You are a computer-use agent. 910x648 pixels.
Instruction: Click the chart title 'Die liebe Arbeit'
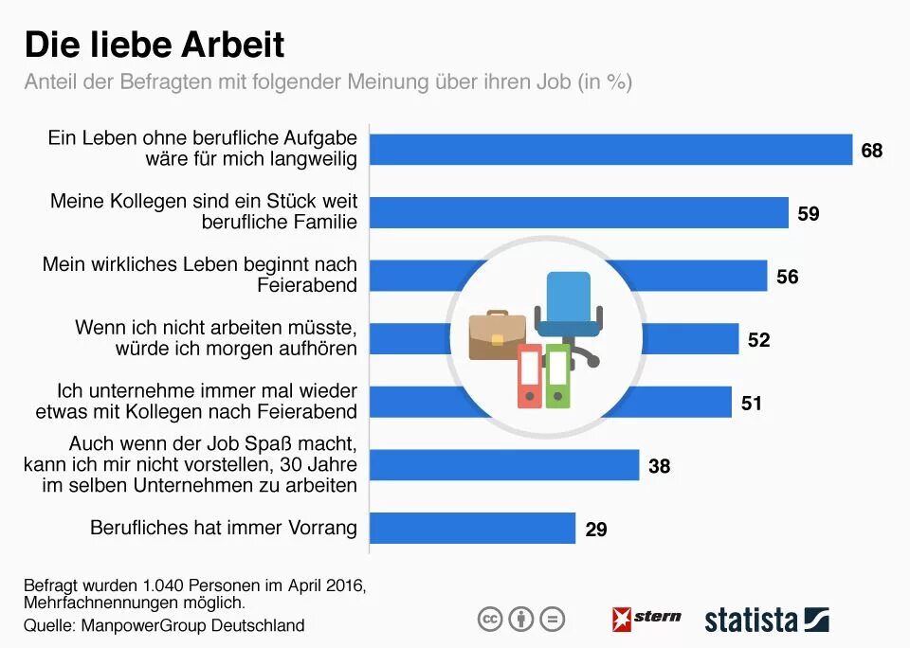[154, 45]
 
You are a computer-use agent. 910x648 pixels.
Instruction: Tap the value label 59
[809, 213]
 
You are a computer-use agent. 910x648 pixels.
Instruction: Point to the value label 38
[660, 466]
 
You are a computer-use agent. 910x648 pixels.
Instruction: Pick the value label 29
[596, 529]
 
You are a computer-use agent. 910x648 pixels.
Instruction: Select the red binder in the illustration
[529, 376]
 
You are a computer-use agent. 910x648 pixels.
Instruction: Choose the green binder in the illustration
[558, 376]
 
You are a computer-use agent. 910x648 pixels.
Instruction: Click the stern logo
[646, 619]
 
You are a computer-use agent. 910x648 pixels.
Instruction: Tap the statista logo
[766, 621]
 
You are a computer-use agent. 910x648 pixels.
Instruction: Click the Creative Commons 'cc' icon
[489, 620]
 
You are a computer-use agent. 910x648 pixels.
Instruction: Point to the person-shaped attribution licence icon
[520, 620]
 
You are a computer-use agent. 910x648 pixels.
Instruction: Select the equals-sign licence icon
[552, 620]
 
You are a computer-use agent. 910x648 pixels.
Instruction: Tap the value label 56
[788, 277]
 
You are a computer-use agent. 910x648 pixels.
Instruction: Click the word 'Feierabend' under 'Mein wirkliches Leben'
[307, 284]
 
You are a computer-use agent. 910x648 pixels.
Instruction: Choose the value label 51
[752, 403]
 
